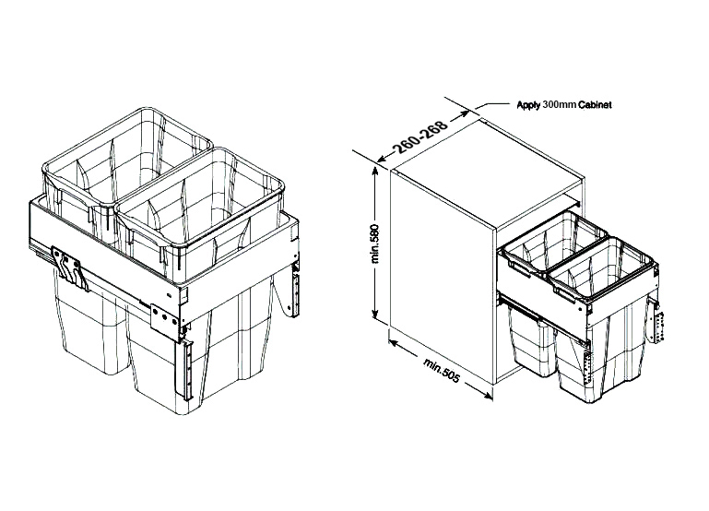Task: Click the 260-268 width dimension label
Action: [421, 136]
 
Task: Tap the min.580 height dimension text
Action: [376, 244]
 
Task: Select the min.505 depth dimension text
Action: [442, 370]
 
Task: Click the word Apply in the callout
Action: [528, 105]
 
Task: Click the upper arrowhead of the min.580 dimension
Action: [375, 171]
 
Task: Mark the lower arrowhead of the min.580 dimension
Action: [375, 315]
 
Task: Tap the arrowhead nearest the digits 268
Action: [464, 114]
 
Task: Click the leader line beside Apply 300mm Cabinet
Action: [494, 105]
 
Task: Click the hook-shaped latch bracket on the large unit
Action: [69, 268]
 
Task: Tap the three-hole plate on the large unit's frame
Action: [164, 320]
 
